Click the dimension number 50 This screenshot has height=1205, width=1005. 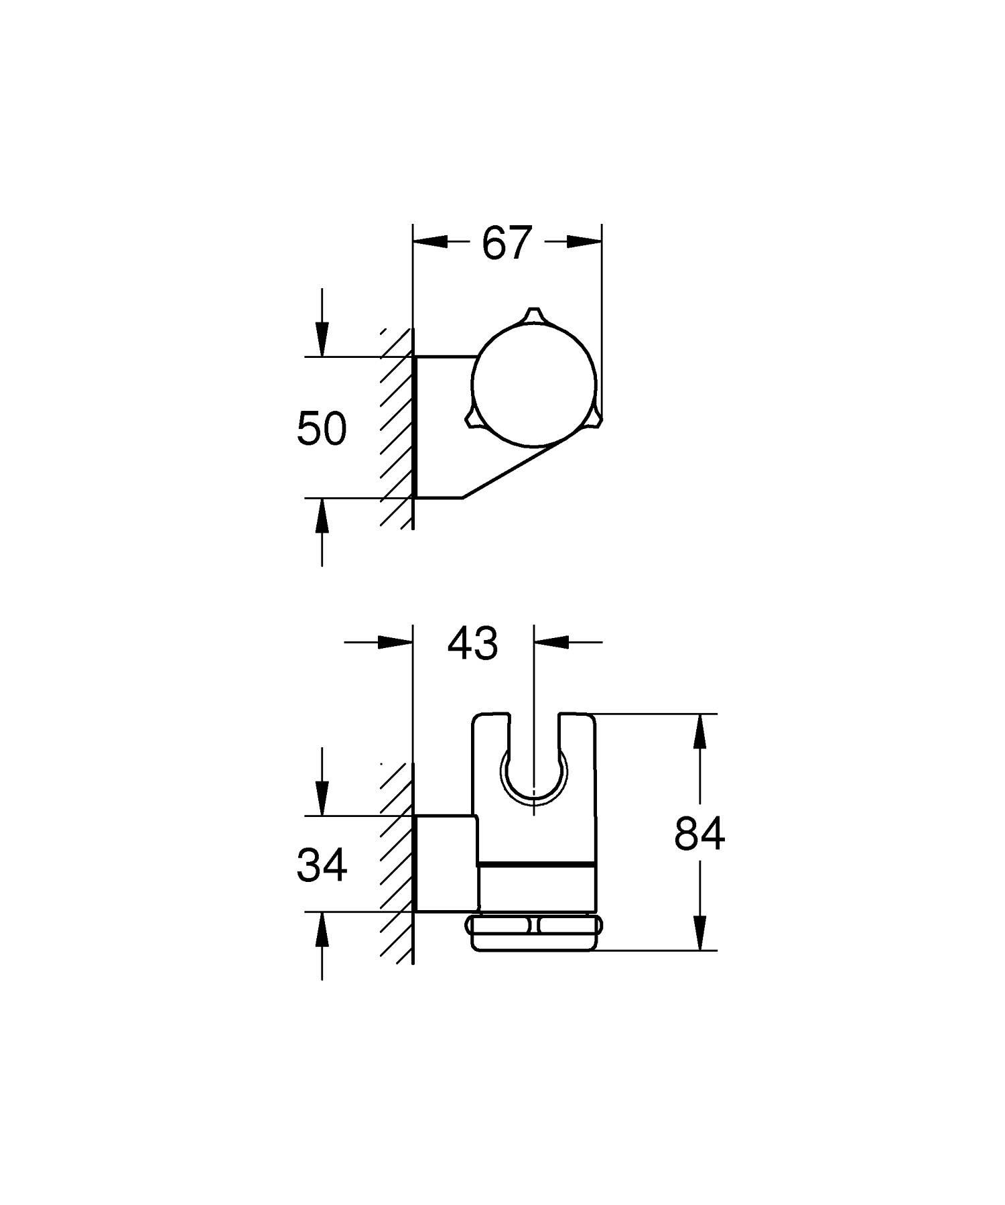click(322, 429)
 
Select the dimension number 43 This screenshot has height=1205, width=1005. click(473, 643)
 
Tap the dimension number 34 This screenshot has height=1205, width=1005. click(322, 865)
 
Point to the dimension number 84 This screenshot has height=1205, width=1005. click(699, 834)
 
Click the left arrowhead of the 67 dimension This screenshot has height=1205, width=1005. click(429, 242)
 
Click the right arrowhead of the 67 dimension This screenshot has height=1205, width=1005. click(584, 242)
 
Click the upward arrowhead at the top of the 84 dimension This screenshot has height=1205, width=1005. click(700, 731)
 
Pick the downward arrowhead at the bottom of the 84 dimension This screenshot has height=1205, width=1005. click(700, 933)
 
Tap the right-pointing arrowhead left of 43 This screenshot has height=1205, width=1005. click(395, 641)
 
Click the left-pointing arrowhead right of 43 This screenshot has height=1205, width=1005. click(551, 641)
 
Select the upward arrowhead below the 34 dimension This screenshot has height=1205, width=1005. click(322, 928)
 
